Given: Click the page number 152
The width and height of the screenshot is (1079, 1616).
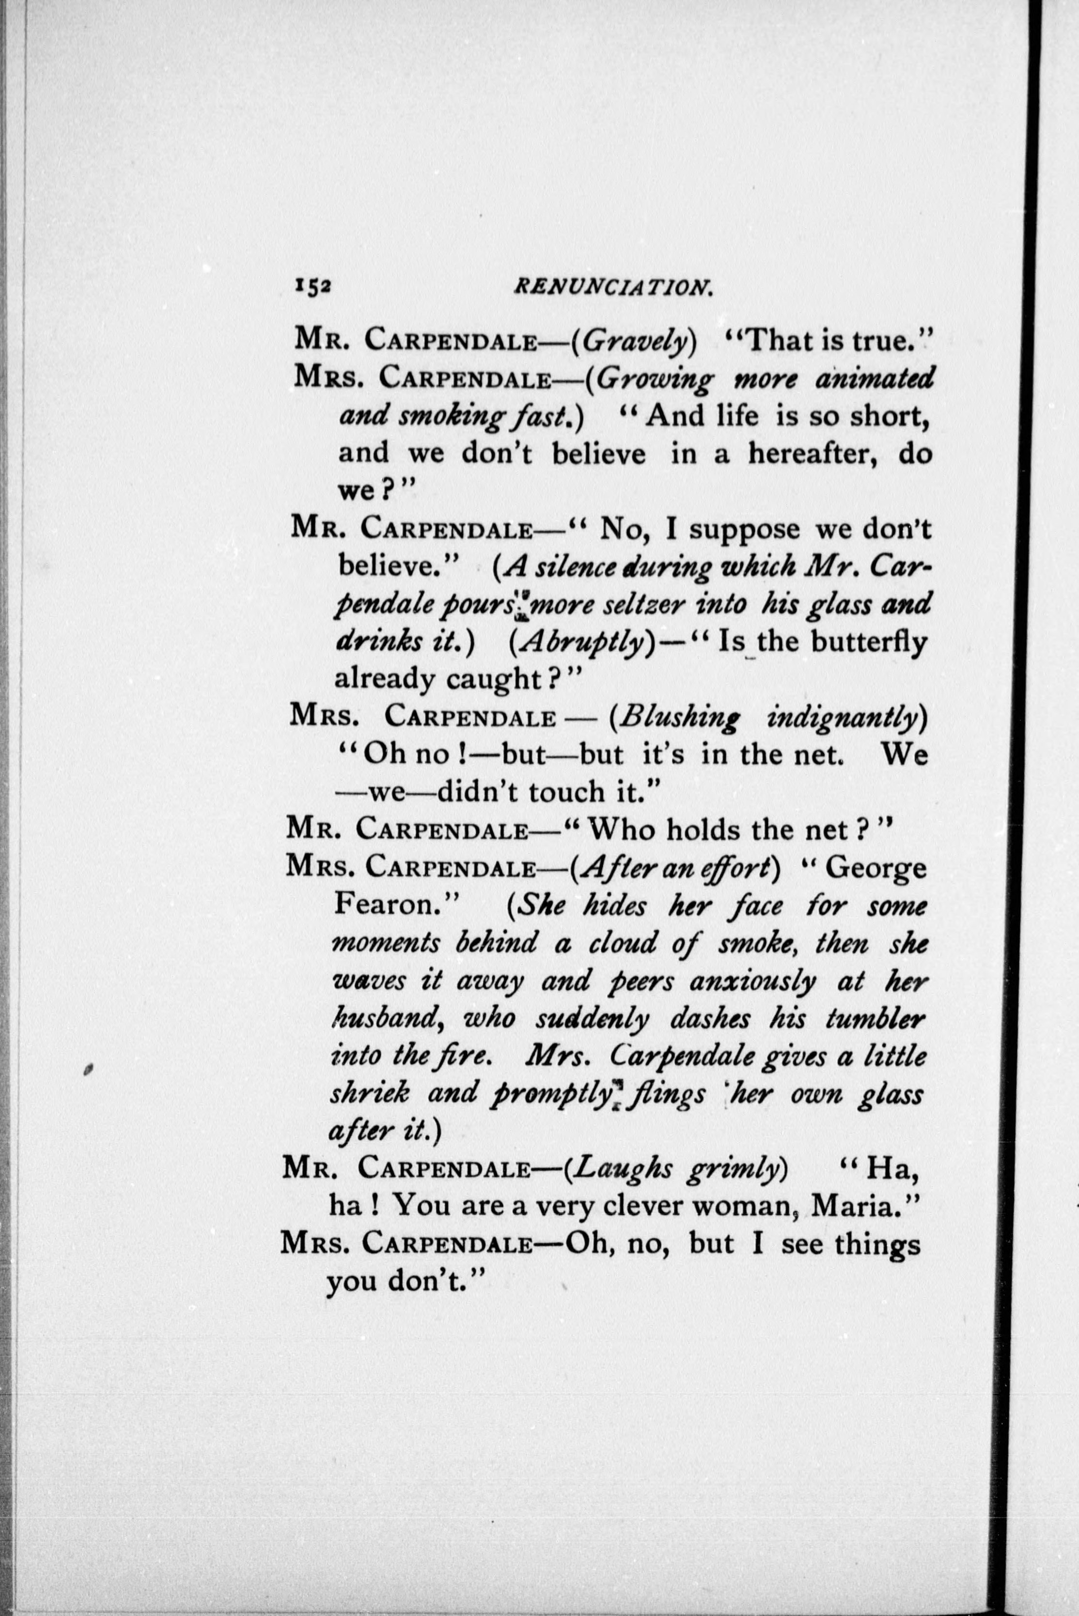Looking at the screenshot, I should (314, 288).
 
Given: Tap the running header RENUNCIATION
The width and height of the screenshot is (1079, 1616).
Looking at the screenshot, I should (613, 287).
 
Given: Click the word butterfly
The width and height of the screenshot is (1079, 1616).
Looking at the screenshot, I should (868, 641).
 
